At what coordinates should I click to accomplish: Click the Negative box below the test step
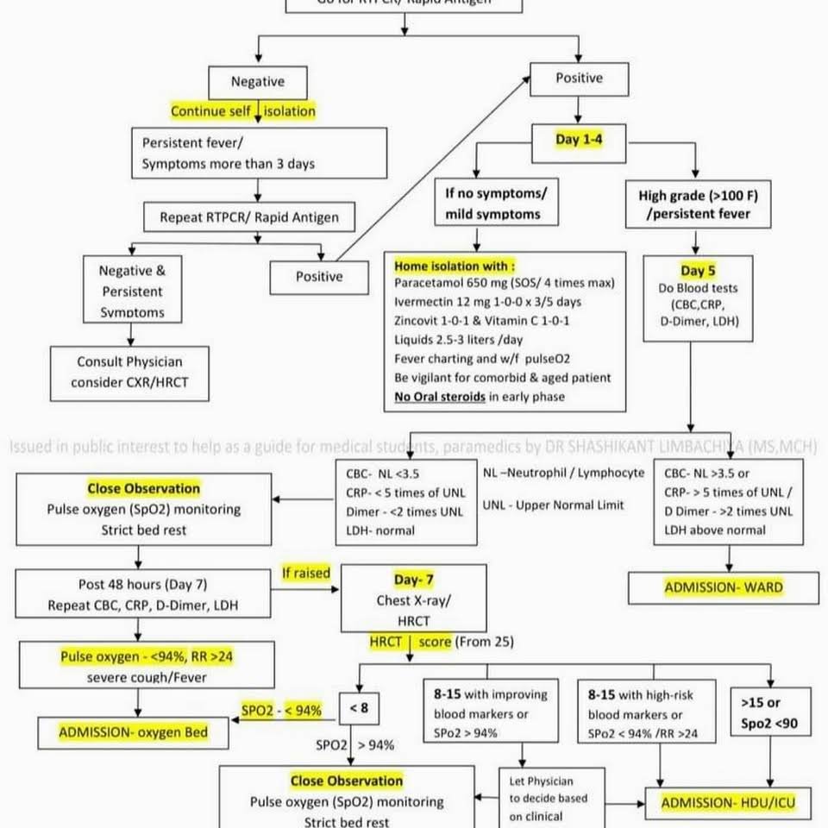257,82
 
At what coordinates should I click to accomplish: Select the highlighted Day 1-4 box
580,140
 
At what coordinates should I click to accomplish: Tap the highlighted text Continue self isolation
243,111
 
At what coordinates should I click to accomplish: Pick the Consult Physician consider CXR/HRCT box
129,372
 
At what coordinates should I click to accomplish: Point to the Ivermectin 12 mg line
487,302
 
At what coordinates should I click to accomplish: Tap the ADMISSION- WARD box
723,588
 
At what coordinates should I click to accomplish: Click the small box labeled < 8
359,708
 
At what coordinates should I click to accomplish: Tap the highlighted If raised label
305,573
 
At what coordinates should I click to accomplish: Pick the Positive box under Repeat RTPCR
319,277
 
